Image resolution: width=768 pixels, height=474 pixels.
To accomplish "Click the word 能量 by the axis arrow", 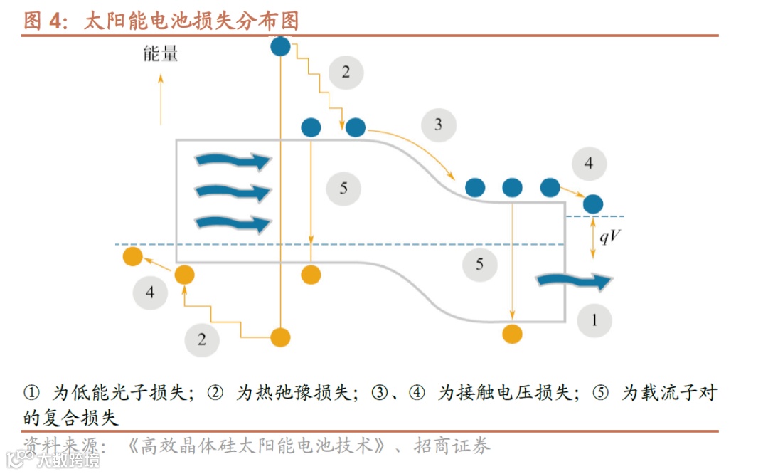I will [161, 53].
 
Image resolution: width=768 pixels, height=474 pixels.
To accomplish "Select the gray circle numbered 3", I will [438, 125].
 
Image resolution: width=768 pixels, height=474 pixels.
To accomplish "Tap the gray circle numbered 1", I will [594, 320].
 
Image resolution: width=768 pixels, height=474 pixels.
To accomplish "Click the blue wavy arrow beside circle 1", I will [573, 281].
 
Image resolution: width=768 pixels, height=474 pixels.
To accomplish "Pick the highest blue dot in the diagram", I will [281, 47].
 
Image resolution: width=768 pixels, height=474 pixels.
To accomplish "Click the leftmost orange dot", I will [132, 256].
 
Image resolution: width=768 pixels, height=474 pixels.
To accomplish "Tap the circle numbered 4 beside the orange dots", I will [150, 292].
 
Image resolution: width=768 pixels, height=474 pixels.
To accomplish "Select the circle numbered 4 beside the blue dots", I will [588, 164].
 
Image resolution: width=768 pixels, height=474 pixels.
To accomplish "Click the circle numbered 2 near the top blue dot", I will [346, 72].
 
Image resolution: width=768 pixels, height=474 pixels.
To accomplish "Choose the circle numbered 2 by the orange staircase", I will [202, 339].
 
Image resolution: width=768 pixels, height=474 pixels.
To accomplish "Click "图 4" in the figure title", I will [45, 21].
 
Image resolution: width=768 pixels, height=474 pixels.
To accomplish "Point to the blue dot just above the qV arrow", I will [592, 204].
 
